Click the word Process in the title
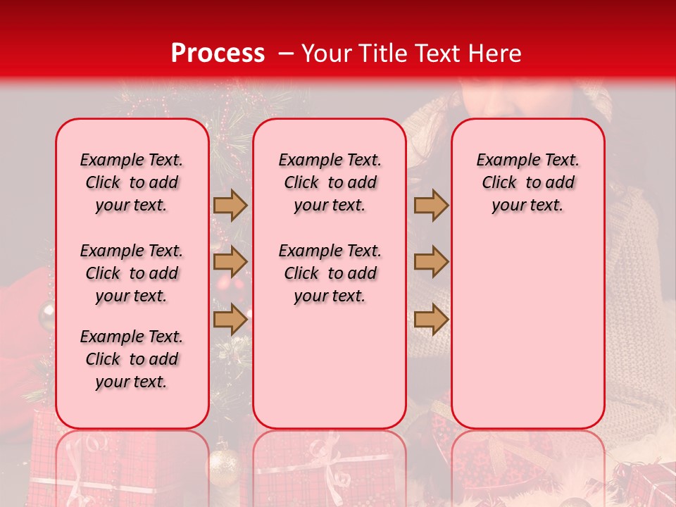(x=218, y=53)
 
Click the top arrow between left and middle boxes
(x=230, y=205)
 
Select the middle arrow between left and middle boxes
(x=230, y=262)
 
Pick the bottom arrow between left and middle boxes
(x=230, y=319)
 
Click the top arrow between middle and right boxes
(x=431, y=205)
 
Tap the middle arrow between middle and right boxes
(x=431, y=262)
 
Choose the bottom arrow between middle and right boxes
(x=431, y=319)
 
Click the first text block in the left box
(x=132, y=182)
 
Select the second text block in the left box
(x=132, y=273)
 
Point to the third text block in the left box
(x=132, y=359)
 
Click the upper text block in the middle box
(x=330, y=182)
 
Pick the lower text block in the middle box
(x=330, y=273)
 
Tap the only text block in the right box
(x=527, y=182)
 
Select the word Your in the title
(x=323, y=53)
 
